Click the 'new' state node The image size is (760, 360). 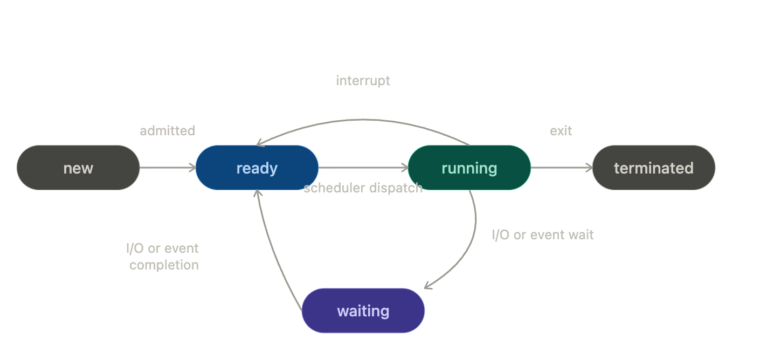coord(78,168)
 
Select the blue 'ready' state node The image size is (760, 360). coord(257,168)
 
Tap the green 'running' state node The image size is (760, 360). coord(469,168)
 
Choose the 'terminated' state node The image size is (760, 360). coord(653,168)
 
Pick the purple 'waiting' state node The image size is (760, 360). coord(363,311)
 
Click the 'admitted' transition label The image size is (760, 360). coord(167,130)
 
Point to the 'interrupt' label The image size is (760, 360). coord(363,81)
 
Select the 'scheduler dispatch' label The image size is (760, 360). coord(363,188)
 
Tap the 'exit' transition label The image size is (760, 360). coord(561,130)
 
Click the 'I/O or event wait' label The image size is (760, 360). coord(543,235)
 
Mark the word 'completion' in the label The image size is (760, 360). coord(164,265)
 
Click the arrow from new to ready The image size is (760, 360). coord(167,168)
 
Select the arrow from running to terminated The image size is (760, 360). coord(561,168)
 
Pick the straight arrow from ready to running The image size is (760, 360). coord(363,168)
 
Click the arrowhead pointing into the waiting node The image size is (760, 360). coord(428,286)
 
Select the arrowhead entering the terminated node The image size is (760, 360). coord(589,168)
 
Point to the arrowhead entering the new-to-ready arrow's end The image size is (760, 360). coord(192,168)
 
